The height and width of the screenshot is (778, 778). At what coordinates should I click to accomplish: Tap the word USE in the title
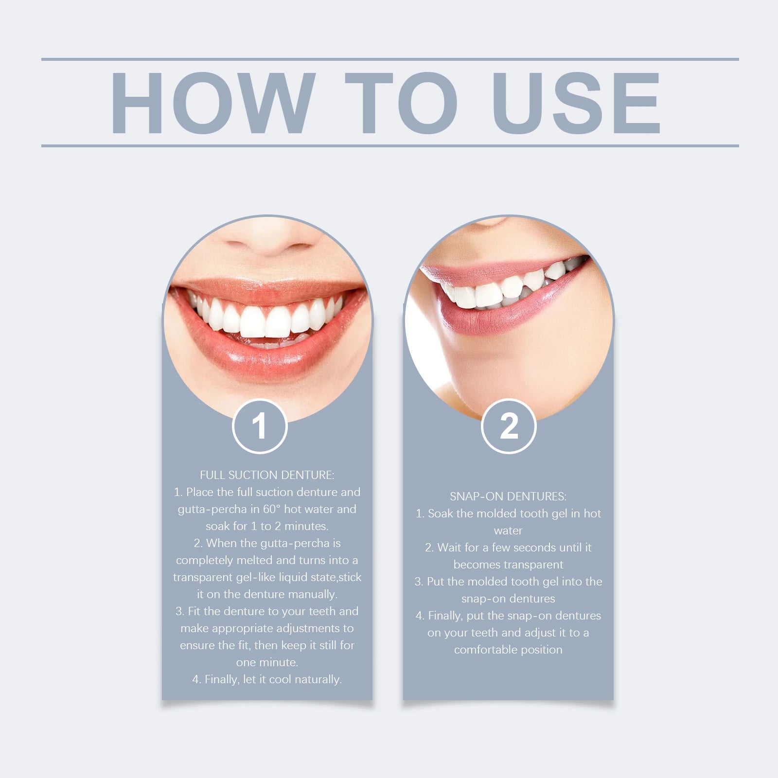tap(576, 103)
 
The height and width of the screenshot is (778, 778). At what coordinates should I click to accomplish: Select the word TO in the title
tap(401, 103)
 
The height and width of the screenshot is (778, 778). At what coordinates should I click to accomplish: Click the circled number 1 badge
tap(260, 426)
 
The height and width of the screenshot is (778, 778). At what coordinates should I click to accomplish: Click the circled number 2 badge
tap(509, 426)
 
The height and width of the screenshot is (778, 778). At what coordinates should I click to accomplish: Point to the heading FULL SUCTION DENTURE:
tap(267, 475)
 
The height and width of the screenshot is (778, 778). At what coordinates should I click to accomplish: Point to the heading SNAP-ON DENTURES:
tap(508, 496)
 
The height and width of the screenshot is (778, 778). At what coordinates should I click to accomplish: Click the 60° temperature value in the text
tap(271, 509)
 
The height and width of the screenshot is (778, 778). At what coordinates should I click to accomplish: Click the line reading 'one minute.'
tap(267, 662)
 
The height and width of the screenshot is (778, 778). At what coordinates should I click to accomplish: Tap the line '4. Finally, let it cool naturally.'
tap(267, 679)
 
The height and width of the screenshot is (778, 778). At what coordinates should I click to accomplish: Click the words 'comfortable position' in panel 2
tap(508, 650)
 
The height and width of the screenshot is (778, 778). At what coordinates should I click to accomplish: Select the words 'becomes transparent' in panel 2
tap(508, 565)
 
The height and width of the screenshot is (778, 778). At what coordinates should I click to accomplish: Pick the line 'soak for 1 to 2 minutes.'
tap(267, 526)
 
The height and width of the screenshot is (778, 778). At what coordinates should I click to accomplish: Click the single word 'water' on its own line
tap(508, 531)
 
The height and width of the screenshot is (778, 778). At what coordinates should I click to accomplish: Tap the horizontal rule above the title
tap(389, 59)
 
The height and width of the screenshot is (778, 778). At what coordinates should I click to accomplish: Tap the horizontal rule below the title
tap(389, 145)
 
